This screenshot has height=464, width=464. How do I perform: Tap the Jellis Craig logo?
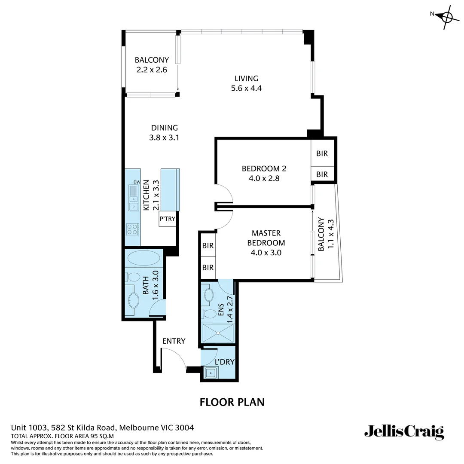[404, 431]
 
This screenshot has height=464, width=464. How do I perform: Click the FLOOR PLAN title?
[232, 402]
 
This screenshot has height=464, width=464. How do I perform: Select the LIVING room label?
[246, 79]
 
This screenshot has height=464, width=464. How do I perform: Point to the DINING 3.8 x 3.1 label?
[164, 133]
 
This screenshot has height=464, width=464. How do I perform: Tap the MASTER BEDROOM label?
[266, 238]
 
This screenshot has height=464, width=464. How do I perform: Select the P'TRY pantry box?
[168, 219]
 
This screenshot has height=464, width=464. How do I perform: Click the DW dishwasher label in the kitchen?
[137, 183]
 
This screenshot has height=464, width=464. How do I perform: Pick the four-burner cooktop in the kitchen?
[133, 229]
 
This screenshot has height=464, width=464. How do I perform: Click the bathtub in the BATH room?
[143, 259]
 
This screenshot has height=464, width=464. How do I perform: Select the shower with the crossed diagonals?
[217, 333]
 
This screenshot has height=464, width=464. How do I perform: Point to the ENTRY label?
[174, 341]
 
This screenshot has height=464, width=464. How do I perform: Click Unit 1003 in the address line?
[29, 427]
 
